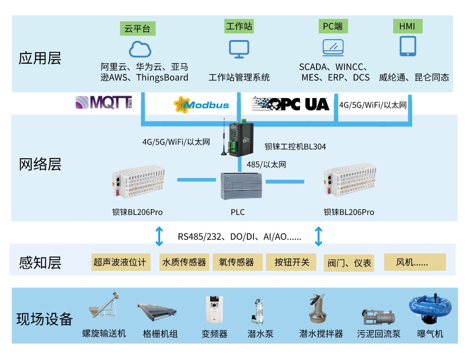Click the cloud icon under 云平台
tap(140, 49)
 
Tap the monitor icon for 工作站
tap(239, 49)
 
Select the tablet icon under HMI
tap(408, 46)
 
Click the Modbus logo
tap(201, 105)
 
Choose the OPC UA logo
tap(291, 103)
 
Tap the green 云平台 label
tap(137, 29)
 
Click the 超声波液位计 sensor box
tap(119, 262)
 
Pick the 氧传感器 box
tap(237, 262)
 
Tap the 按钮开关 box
tap(292, 262)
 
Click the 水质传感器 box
tap(184, 262)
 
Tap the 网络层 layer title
tap(40, 164)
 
